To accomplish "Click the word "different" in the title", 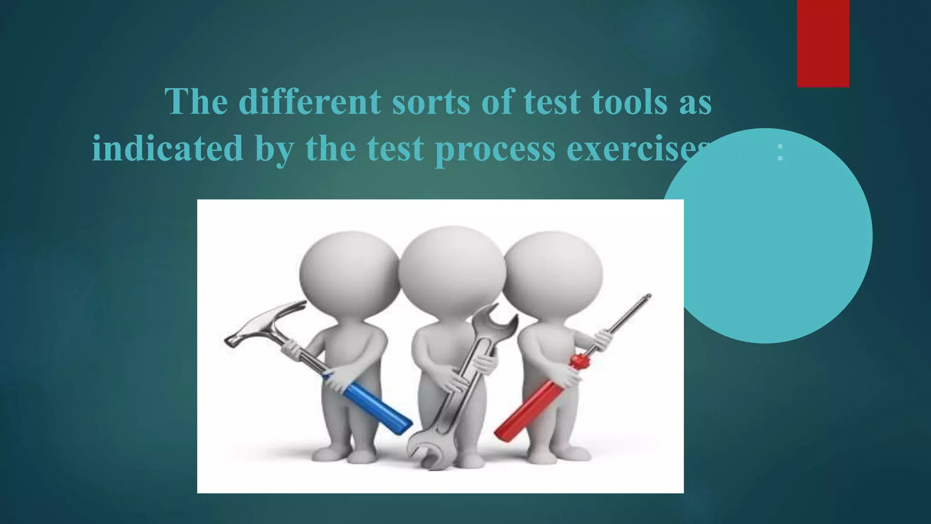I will click(x=310, y=101).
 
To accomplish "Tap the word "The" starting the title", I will click(x=196, y=101).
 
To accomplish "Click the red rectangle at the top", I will click(x=823, y=43).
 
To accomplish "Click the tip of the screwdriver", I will click(x=647, y=297).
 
